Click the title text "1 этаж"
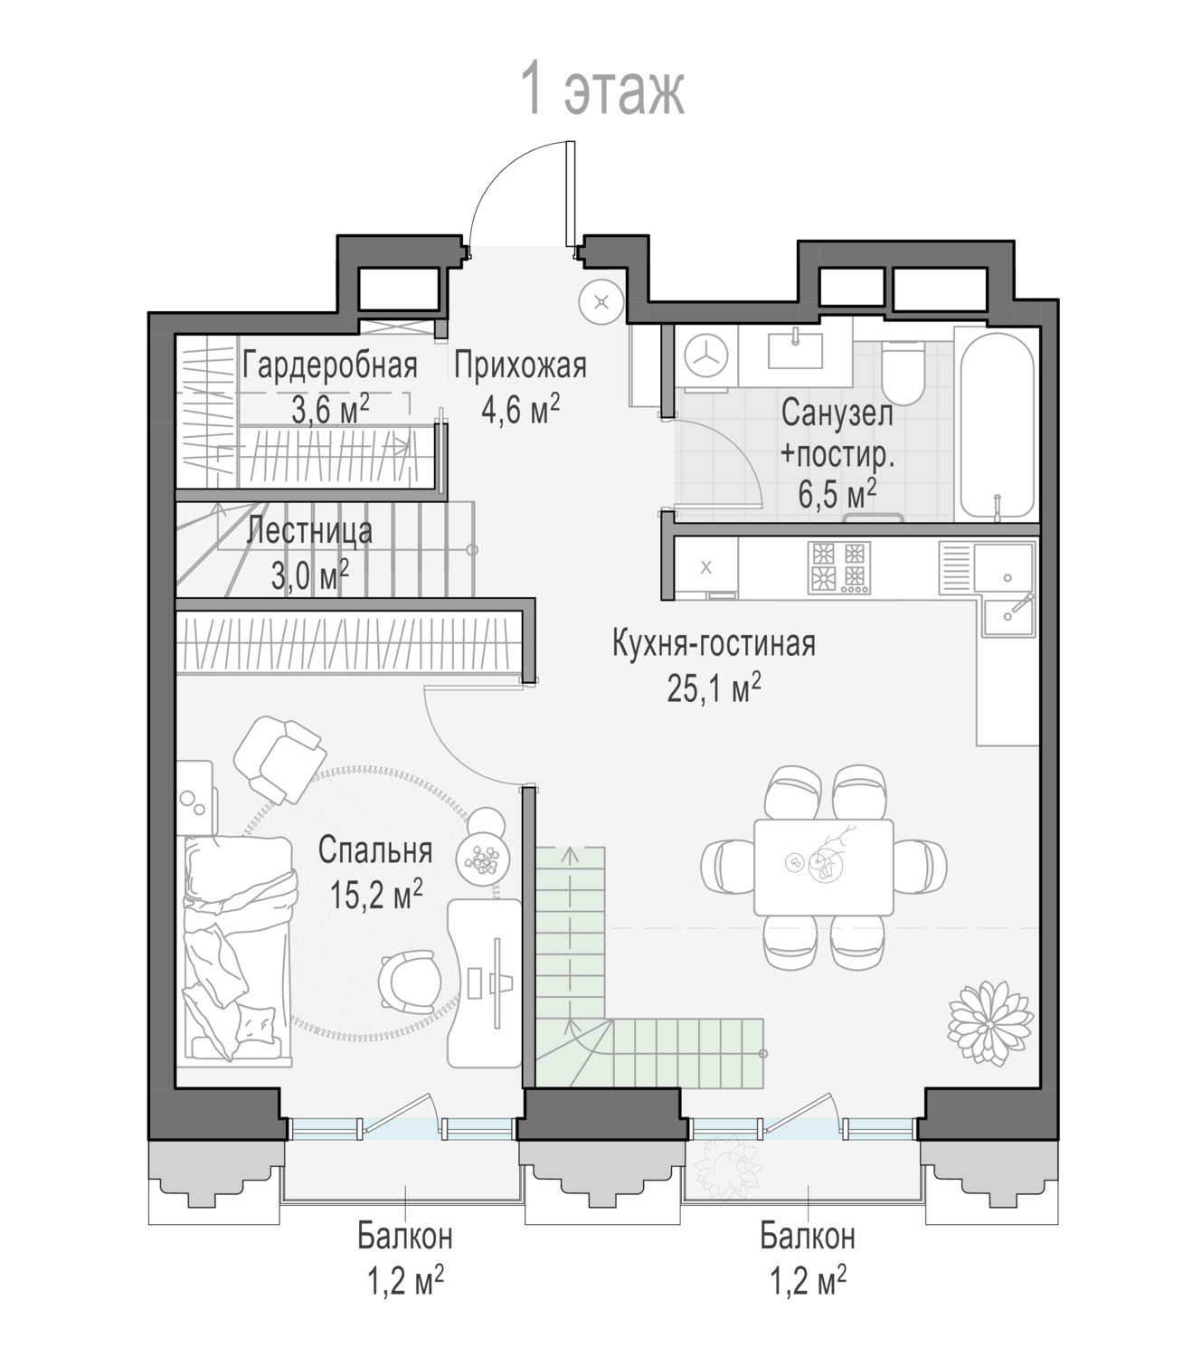point(602,89)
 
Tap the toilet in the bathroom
point(903,373)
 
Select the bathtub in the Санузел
point(997,426)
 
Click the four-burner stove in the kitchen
point(839,567)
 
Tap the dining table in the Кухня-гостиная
point(823,867)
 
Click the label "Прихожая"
point(520,365)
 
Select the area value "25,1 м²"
point(714,688)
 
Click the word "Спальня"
point(375,850)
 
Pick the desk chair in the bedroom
point(409,982)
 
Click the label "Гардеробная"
point(329,365)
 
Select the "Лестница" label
point(309,532)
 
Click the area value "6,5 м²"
point(837,494)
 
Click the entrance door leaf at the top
point(571,194)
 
